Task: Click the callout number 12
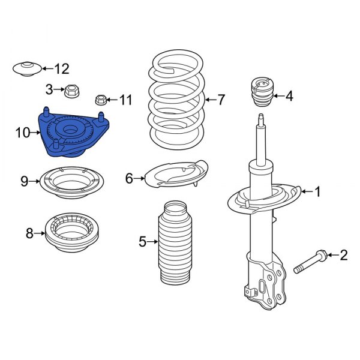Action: click(62, 68)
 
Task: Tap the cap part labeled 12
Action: click(27, 68)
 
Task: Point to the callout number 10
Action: click(22, 133)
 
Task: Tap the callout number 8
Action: click(29, 233)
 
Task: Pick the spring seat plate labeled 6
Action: click(176, 175)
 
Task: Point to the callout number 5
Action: click(142, 242)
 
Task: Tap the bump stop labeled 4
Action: click(260, 92)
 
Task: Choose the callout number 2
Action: click(343, 256)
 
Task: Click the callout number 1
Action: click(317, 192)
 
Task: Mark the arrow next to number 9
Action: click(34, 180)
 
